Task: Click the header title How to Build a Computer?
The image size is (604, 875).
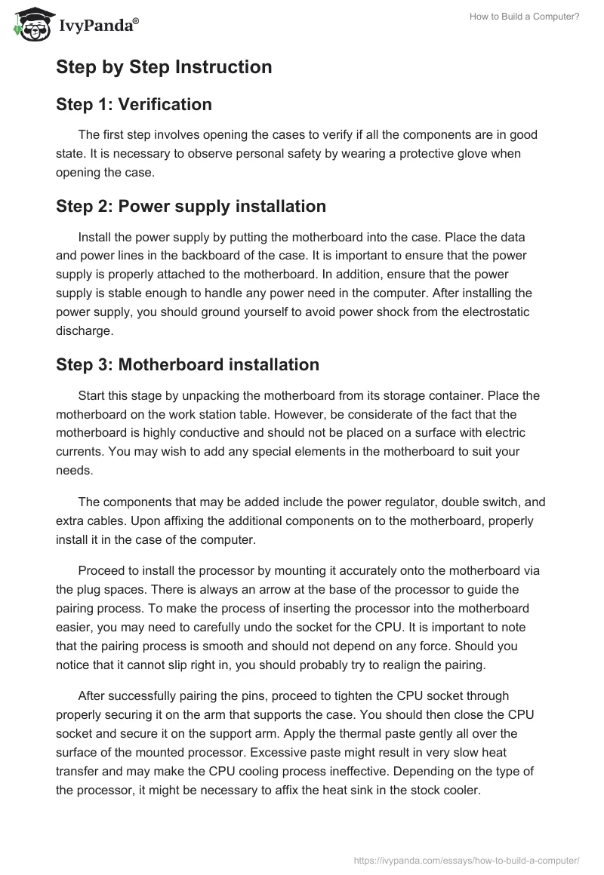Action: point(532,17)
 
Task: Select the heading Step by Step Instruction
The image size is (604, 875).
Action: point(164,67)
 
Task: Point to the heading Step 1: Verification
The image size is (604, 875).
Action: point(134,104)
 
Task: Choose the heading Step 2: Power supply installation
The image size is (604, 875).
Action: point(191,206)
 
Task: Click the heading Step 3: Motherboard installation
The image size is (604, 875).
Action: point(187,364)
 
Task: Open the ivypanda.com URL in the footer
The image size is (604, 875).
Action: point(467,860)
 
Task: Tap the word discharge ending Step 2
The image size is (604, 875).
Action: point(85,330)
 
